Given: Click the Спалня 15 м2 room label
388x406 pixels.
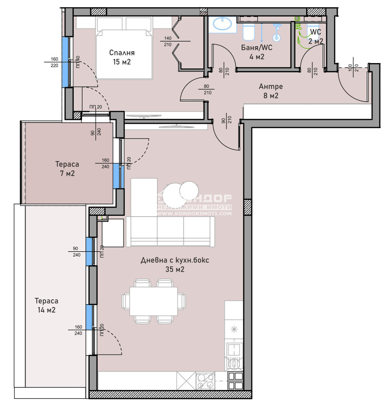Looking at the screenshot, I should pyautogui.click(x=122, y=57).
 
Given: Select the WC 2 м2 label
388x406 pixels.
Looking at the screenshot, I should pyautogui.click(x=316, y=37).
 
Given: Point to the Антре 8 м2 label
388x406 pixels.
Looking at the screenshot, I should pyautogui.click(x=271, y=91).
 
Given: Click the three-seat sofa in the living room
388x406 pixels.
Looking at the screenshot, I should pyautogui.click(x=170, y=231).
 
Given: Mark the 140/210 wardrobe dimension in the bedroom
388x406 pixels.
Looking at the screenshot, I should pyautogui.click(x=168, y=42).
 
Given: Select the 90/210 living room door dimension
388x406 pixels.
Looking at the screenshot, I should pyautogui.click(x=228, y=120).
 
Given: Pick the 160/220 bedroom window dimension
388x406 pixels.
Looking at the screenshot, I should pyautogui.click(x=54, y=63).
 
